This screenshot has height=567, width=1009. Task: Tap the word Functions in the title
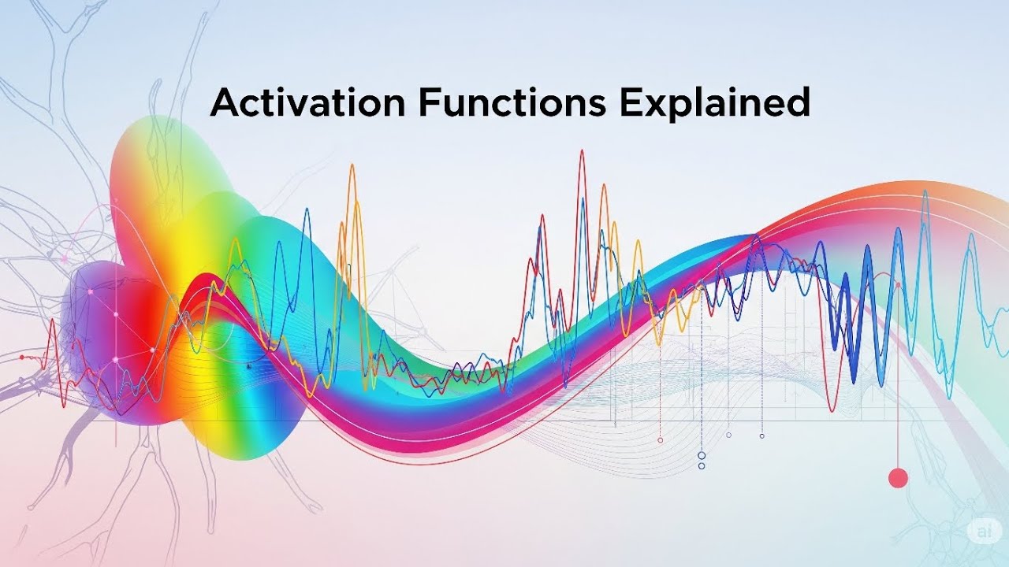[x=512, y=103]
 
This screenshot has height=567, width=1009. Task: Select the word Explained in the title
[x=715, y=103]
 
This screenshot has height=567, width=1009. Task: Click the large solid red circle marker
[x=898, y=478]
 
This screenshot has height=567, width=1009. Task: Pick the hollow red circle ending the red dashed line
[x=661, y=439]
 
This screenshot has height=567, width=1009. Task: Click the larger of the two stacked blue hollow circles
[x=702, y=455]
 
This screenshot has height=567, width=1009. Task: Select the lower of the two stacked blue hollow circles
[x=702, y=466]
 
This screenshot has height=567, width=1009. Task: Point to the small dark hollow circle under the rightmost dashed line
[x=761, y=435]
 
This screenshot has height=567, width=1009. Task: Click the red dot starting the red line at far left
[x=22, y=357]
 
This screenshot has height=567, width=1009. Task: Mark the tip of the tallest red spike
[x=582, y=151]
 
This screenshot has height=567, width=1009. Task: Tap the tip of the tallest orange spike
[x=352, y=166]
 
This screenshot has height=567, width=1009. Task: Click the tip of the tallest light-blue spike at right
[x=925, y=191]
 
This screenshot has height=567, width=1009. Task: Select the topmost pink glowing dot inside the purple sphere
[x=90, y=292]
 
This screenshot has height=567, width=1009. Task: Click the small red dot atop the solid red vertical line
[x=897, y=285]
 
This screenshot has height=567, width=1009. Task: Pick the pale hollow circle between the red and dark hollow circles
[x=728, y=435]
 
